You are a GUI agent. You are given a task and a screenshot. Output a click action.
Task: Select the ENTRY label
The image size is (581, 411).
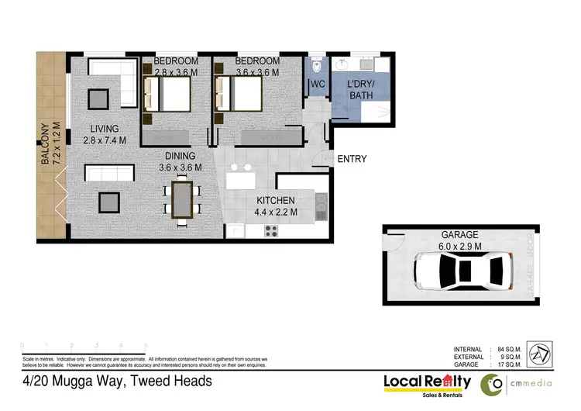(x=352, y=160)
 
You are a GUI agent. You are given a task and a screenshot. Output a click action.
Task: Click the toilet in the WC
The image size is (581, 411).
(x=317, y=66)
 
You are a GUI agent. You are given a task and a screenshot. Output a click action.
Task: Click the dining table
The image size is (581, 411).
(x=182, y=200)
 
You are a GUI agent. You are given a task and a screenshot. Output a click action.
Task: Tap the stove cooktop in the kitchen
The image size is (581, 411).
(x=272, y=230)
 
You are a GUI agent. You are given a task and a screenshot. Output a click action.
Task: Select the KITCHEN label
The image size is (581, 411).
(x=276, y=200)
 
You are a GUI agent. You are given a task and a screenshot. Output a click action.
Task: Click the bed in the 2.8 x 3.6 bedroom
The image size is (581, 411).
(x=166, y=96)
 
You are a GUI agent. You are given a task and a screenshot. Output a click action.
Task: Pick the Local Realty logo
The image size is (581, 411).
(x=428, y=382)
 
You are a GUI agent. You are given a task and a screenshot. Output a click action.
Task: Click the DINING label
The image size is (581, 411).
(x=180, y=156)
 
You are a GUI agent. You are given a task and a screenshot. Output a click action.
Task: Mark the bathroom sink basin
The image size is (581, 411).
(x=343, y=64)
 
